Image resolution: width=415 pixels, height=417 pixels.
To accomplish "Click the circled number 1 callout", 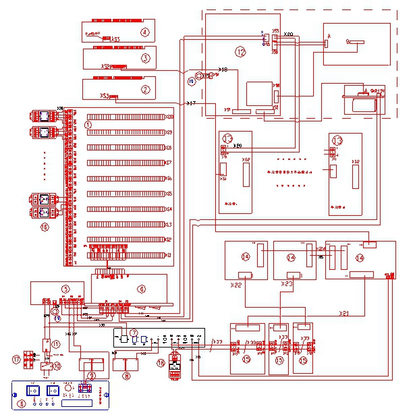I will pos(88,125).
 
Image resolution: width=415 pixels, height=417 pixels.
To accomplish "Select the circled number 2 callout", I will pos(144,87).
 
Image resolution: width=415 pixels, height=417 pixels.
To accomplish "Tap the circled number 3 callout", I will pos(144,59).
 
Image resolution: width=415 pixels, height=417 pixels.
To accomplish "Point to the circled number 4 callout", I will pos(144,31).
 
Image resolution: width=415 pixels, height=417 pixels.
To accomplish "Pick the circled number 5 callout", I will pos(65,289).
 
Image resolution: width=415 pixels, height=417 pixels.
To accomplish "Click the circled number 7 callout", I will pos(134,333).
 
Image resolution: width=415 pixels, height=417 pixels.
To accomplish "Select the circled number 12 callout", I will pos(240,51).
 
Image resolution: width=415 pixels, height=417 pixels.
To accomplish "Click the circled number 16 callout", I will pos(45,227).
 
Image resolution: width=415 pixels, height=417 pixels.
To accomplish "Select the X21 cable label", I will pos(344,314).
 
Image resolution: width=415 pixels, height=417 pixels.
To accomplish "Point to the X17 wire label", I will pos(191,103).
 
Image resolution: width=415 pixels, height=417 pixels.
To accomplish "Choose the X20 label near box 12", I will pos(288,34).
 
